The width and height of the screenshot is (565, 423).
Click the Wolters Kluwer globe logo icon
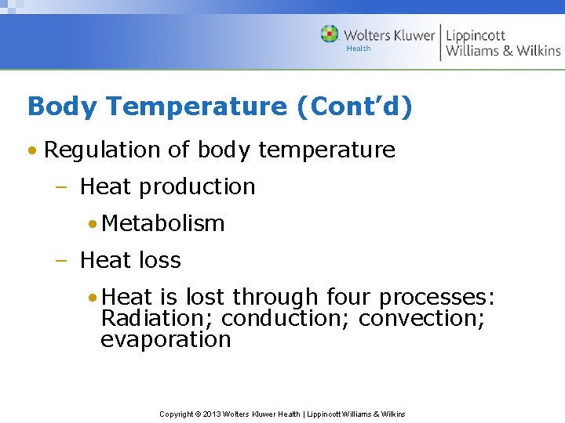[x=330, y=34]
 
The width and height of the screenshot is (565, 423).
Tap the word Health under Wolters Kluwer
[x=358, y=49]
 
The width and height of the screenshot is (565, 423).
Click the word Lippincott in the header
[x=476, y=35]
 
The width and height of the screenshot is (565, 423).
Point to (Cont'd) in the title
[x=354, y=107]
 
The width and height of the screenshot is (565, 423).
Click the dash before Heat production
[x=64, y=187]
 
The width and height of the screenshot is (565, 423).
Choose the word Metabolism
[x=163, y=223]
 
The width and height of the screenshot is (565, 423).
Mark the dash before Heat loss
[x=64, y=260]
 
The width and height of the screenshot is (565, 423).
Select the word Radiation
[x=157, y=319]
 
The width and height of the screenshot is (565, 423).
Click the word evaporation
[x=166, y=340]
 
